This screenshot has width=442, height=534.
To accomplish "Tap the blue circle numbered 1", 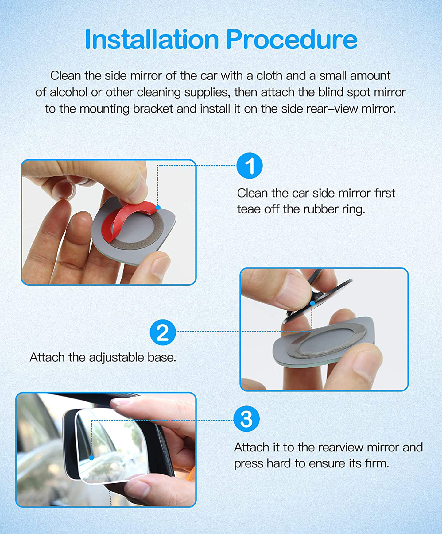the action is (250, 166).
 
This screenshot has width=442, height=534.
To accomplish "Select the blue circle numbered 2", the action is (163, 332).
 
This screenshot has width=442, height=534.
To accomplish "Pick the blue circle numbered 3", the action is (246, 419).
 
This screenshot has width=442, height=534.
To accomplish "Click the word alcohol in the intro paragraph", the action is (68, 92).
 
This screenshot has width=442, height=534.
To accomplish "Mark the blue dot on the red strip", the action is (158, 207).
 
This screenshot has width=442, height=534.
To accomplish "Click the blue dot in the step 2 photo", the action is (312, 303).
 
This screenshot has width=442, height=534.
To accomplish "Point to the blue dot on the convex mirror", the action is (91, 458).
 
